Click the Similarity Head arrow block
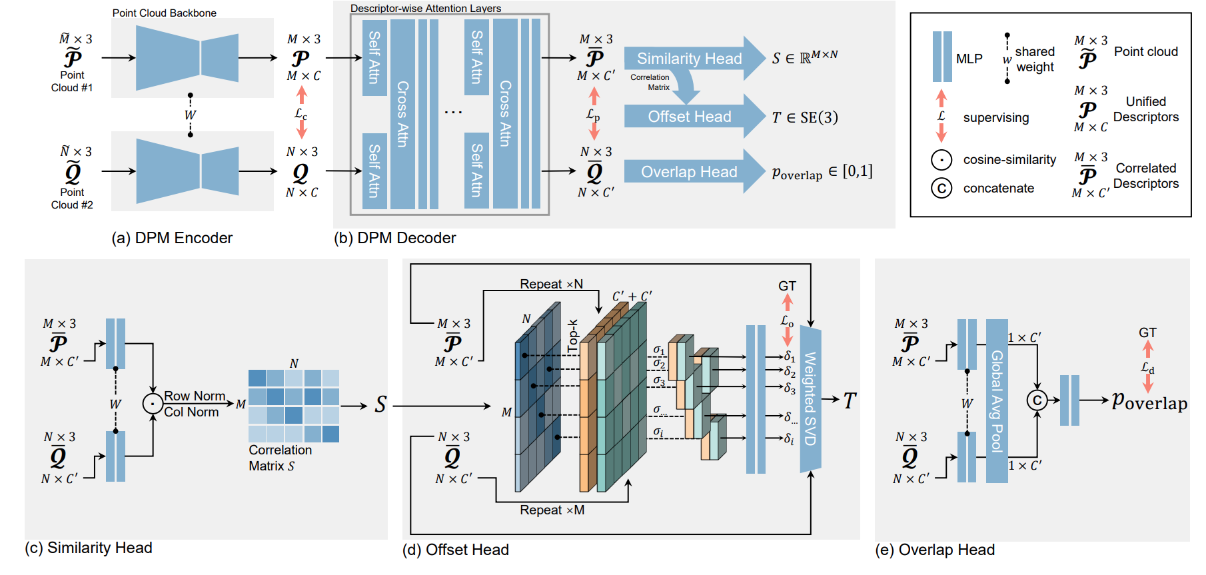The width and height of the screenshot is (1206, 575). [690, 59]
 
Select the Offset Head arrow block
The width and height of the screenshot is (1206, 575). [690, 117]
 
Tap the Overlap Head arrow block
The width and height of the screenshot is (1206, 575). [690, 172]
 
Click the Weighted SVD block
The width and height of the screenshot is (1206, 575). [810, 398]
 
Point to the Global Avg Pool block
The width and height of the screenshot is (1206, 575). [997, 401]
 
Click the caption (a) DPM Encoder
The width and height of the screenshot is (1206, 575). [172, 238]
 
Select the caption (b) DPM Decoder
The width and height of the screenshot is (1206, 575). [394, 238]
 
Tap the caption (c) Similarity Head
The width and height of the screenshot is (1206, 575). [89, 548]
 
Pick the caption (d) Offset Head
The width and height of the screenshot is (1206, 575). [456, 550]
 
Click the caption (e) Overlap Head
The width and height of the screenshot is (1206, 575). [935, 550]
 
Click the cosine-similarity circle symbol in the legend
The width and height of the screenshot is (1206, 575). [941, 160]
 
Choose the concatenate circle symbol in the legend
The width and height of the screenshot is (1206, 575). [941, 189]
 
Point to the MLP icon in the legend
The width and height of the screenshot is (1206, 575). [942, 57]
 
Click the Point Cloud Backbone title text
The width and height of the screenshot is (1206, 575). [164, 13]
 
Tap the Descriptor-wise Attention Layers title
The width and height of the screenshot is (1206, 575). [426, 9]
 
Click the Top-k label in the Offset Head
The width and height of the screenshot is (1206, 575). [573, 336]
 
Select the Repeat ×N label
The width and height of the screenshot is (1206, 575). [551, 285]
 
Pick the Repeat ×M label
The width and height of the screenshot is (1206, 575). [552, 510]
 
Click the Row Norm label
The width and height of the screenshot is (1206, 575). [195, 396]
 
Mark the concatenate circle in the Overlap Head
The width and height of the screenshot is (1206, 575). [1037, 400]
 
